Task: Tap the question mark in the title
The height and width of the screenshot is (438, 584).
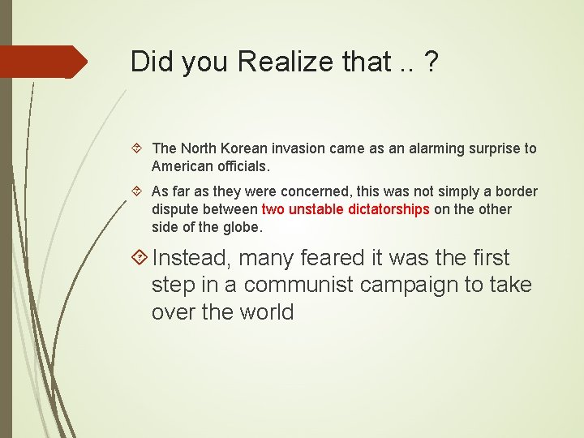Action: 429,62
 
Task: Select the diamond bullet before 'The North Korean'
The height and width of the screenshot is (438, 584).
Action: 140,148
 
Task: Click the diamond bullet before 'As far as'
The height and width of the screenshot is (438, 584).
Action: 140,192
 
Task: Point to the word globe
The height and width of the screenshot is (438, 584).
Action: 241,227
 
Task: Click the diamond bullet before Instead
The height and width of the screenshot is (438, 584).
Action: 140,259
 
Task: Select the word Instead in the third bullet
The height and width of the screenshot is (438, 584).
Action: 191,258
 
